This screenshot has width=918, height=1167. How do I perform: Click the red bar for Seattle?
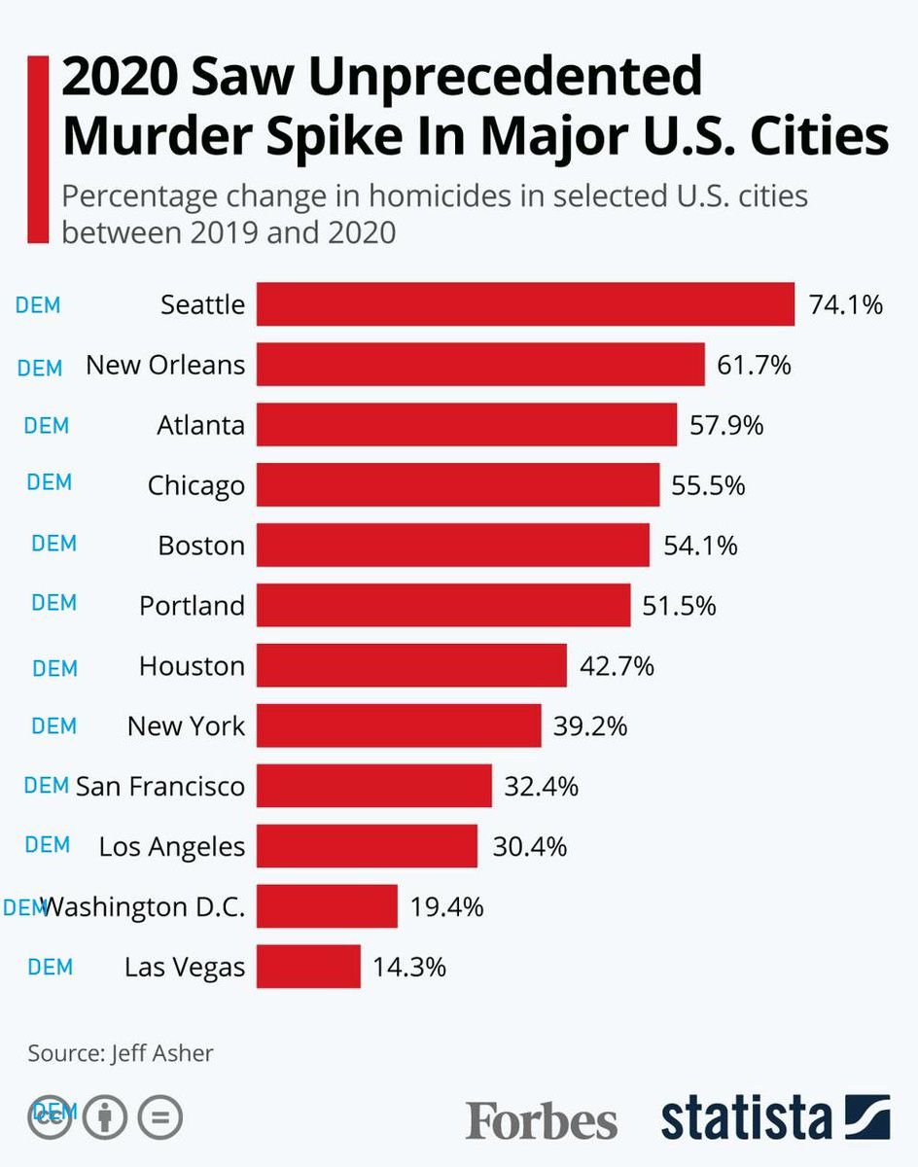click(525, 304)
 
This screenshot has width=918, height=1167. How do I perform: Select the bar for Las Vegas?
click(308, 967)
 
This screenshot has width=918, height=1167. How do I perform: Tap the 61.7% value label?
click(754, 366)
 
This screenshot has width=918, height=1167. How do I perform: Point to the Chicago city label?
click(195, 484)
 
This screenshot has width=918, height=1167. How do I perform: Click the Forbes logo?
click(541, 1120)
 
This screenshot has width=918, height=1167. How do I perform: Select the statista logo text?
click(747, 1118)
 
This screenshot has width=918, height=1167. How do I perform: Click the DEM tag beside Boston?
click(53, 543)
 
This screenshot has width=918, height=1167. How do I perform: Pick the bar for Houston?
click(411, 666)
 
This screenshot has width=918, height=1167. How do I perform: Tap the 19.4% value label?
click(446, 907)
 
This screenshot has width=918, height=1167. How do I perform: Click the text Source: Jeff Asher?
click(120, 1052)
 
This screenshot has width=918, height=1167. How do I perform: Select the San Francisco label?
click(160, 786)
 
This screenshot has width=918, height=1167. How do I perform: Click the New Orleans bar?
click(480, 366)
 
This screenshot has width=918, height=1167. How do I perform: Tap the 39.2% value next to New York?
click(590, 725)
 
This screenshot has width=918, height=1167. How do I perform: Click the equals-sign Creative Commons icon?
click(160, 1118)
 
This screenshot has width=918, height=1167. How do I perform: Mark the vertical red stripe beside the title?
click(38, 148)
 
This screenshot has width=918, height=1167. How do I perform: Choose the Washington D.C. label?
click(144, 907)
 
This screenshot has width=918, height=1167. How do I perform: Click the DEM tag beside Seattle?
click(38, 304)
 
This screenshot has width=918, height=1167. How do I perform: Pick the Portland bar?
click(443, 605)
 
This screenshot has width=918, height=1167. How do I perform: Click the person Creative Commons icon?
click(106, 1118)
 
